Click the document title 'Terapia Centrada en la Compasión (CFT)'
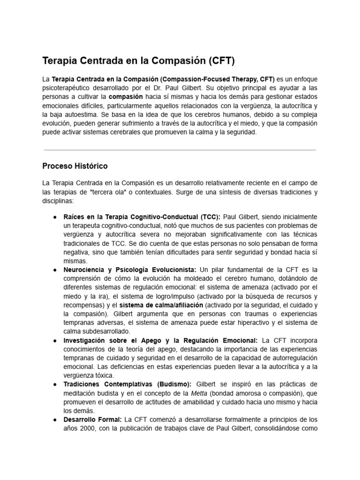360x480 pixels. (138, 61)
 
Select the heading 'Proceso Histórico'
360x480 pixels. (75, 166)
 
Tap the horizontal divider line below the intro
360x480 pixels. (180, 150)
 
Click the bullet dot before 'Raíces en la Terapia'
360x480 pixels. (55, 217)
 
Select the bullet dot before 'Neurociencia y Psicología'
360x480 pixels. (55, 270)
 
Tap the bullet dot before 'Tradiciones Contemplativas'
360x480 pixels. (55, 384)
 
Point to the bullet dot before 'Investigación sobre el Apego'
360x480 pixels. (55, 340)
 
